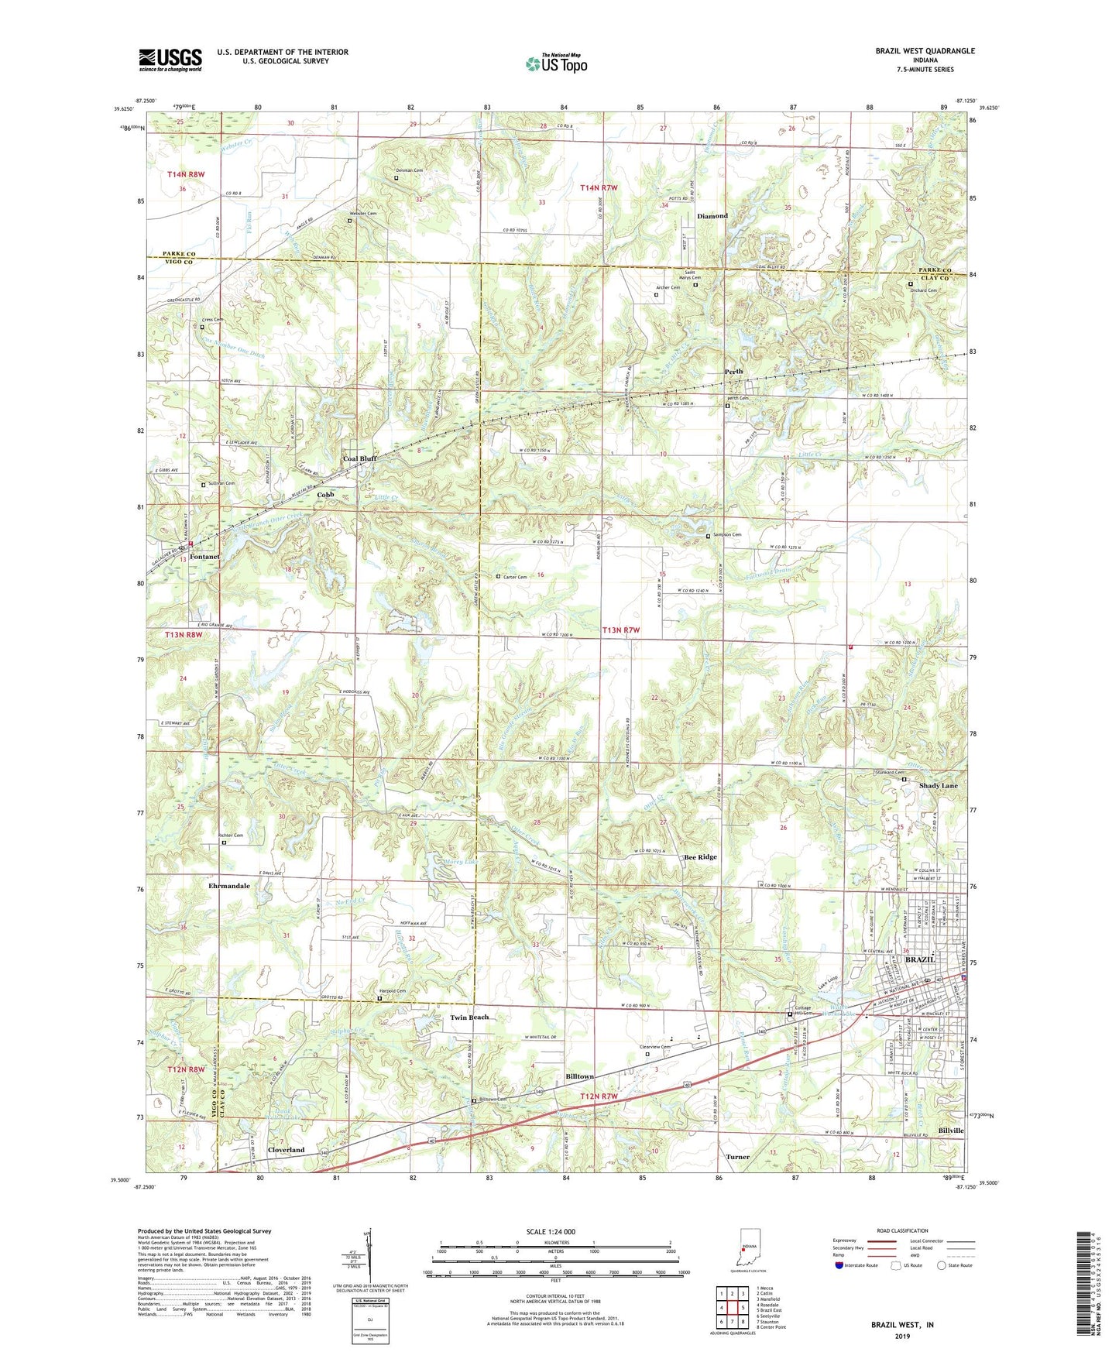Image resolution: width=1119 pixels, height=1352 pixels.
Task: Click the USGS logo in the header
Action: [170, 60]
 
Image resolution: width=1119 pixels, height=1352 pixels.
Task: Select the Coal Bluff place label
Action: [359, 459]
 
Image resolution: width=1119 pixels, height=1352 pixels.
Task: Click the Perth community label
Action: [733, 372]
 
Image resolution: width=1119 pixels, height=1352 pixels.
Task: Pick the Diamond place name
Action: [712, 216]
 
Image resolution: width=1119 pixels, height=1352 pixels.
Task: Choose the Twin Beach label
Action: [470, 1017]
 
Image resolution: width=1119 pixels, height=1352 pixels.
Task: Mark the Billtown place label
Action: [578, 1077]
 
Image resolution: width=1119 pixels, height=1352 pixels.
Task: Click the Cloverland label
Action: [286, 1150]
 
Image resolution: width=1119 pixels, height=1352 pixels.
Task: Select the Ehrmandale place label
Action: [229, 885]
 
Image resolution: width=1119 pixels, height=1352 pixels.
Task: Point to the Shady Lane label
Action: [938, 785]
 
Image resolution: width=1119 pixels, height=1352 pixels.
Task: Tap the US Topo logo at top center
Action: [556, 64]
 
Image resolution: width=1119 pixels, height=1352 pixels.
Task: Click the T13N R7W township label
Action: [620, 630]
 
